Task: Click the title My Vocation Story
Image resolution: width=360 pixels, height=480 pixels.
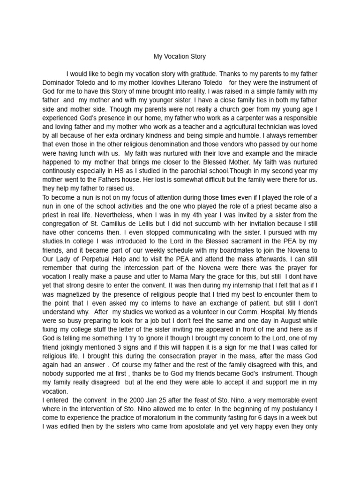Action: [x=180, y=57]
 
